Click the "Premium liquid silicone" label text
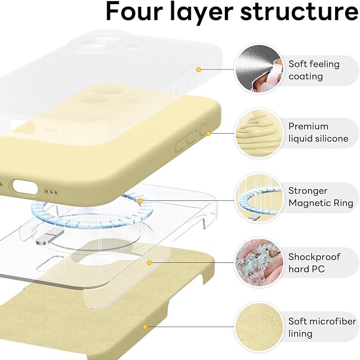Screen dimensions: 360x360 point(318,133)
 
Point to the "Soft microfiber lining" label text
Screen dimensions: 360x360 point(317,328)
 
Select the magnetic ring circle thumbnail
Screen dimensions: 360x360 point(258,197)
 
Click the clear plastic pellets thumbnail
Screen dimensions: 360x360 point(258,262)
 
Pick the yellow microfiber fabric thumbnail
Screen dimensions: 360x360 point(258,327)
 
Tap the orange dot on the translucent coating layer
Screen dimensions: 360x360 point(198,69)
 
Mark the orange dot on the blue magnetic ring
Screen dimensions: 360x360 point(140,201)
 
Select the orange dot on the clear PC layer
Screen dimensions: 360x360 point(150,262)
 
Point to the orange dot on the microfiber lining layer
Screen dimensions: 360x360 point(145,327)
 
